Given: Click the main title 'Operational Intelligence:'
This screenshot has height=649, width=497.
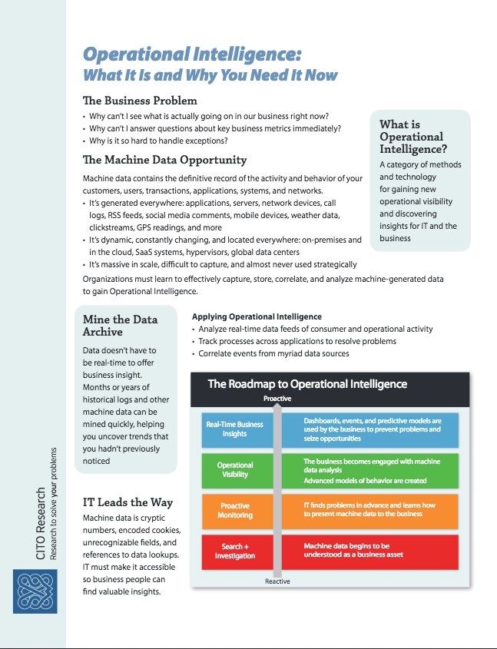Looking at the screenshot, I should [191, 55].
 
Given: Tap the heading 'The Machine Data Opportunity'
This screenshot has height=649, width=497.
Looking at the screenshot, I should [164, 160].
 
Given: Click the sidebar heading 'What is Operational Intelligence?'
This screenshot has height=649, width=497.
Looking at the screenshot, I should [413, 137].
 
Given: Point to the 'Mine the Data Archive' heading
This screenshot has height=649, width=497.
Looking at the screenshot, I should [118, 326].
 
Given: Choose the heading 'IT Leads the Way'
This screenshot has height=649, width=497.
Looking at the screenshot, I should [128, 502].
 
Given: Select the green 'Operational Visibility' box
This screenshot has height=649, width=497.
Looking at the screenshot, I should [234, 470].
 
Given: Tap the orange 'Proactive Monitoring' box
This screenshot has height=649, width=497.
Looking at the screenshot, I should [234, 511].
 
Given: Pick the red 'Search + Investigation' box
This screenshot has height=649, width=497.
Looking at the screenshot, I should [234, 551].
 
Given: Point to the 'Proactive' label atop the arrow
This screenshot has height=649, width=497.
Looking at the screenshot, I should [277, 399].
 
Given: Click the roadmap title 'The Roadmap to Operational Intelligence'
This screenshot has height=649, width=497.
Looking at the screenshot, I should [307, 384].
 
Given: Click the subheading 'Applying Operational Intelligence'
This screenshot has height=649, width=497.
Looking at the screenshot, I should [257, 316].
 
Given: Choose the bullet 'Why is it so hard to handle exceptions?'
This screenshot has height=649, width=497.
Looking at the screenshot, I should [162, 141].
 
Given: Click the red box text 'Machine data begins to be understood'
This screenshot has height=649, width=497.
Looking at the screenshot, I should [347, 550].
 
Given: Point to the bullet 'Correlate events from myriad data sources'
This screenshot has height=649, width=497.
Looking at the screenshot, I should [273, 353].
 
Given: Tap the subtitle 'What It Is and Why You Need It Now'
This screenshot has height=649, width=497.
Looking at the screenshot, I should [210, 75].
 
